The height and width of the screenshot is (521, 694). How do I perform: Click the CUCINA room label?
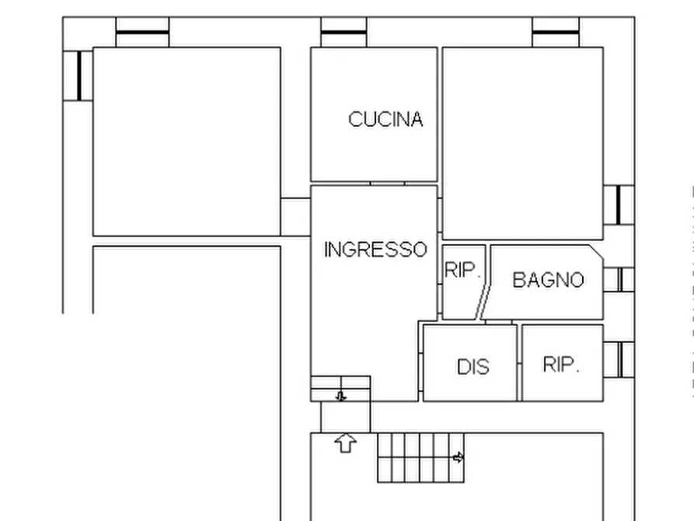[385, 119]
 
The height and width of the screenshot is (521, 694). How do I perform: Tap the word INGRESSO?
[375, 250]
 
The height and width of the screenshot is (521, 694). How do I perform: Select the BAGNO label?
[548, 280]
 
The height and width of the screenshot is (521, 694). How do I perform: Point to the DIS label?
[473, 366]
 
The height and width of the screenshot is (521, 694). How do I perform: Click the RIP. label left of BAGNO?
[463, 271]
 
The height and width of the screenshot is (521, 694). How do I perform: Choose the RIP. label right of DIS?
[561, 365]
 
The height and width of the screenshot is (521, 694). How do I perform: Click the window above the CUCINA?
[344, 32]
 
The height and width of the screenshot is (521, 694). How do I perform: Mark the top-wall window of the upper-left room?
[142, 32]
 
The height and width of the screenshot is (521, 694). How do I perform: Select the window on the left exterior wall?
[78, 75]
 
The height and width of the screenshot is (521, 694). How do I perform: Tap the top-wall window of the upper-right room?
[556, 32]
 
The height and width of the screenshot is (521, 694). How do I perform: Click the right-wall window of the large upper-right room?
[619, 205]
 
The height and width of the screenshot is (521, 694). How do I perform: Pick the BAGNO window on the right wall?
[619, 279]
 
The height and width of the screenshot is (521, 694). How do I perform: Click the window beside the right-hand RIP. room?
[619, 359]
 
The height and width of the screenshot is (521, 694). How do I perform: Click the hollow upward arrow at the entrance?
[345, 443]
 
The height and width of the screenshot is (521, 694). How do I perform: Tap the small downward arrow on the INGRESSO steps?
[341, 396]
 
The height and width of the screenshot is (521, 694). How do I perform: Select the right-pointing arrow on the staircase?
[459, 457]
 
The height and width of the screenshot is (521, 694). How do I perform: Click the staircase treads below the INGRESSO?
[416, 457]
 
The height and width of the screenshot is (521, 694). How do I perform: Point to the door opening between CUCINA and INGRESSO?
[387, 184]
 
